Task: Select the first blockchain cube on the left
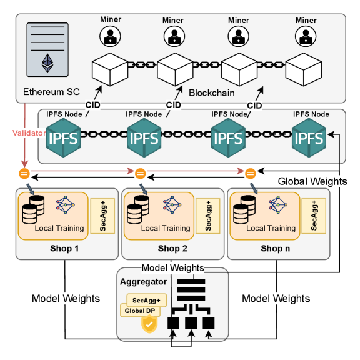click(110, 69)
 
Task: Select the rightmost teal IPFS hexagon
click(311, 137)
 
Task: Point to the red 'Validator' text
click(27, 132)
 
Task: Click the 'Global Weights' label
click(312, 181)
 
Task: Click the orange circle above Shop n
click(251, 172)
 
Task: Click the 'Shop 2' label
click(173, 249)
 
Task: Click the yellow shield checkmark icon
click(149, 324)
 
